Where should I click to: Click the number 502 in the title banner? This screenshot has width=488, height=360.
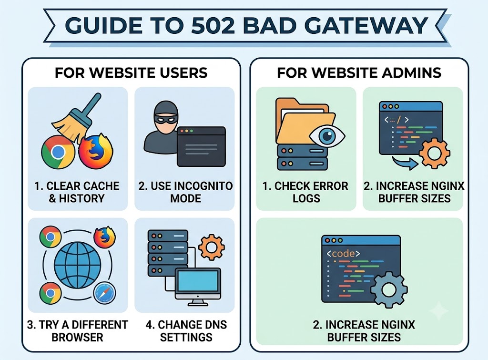(x=213, y=25)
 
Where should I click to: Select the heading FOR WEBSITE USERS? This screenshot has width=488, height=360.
(x=131, y=73)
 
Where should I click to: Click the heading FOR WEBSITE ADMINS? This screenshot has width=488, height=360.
(x=359, y=73)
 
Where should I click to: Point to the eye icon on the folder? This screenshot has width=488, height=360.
(x=327, y=136)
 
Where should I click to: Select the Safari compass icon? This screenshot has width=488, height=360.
(x=104, y=293)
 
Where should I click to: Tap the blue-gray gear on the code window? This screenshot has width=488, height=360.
(x=389, y=289)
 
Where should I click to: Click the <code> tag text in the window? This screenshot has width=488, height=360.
(x=343, y=254)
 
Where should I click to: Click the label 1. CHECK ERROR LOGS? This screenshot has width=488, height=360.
(x=305, y=192)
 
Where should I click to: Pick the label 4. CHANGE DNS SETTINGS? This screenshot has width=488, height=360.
(x=186, y=331)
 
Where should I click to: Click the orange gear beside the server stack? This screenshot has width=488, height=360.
(x=211, y=247)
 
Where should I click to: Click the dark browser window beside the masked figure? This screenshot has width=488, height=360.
(x=201, y=146)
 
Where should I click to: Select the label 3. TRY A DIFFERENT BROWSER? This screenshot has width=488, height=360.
(x=77, y=331)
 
